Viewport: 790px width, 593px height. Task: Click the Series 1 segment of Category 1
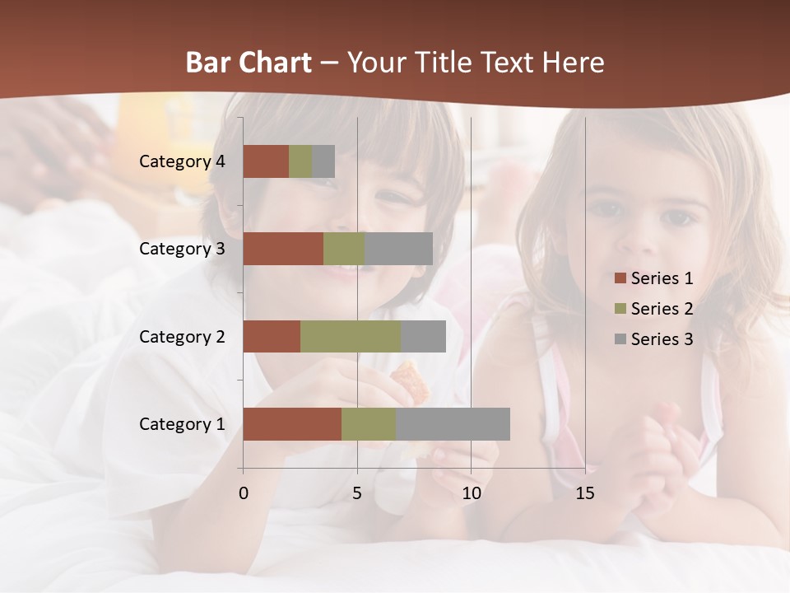[x=292, y=424]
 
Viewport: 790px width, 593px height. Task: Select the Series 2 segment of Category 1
[x=369, y=424]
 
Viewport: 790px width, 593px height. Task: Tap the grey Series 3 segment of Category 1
[x=453, y=424]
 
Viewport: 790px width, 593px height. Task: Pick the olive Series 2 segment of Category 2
[x=351, y=336]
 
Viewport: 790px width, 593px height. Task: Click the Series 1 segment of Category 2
[x=272, y=336]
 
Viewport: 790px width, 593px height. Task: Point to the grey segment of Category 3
[x=398, y=249]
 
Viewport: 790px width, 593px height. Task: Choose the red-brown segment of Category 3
[x=283, y=249]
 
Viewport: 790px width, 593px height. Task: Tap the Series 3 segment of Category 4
[x=323, y=161]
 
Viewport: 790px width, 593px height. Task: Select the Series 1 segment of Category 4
[x=266, y=161]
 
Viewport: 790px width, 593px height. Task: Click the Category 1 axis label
[x=182, y=424]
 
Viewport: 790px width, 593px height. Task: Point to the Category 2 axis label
[x=182, y=336]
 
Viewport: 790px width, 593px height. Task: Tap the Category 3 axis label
[x=182, y=249]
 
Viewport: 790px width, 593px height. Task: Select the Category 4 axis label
[x=182, y=161]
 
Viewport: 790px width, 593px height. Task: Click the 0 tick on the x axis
[x=244, y=493]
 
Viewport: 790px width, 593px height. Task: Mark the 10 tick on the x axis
[x=472, y=493]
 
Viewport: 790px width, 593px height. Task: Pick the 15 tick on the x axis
[x=585, y=493]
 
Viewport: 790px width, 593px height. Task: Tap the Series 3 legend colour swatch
[x=620, y=339]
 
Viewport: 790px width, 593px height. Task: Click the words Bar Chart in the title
[x=249, y=63]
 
